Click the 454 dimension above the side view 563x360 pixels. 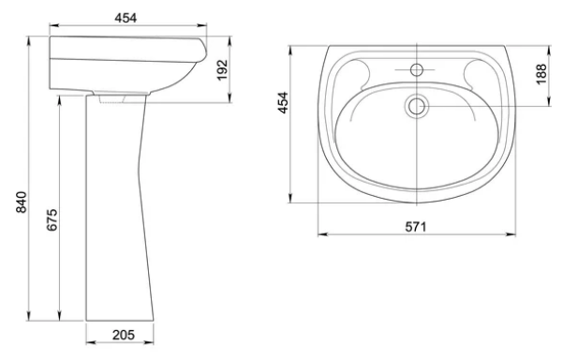point(126,18)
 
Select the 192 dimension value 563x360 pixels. point(223,70)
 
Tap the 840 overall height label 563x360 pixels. point(22,202)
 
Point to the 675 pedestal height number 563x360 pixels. point(52,219)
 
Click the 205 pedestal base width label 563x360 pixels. point(124,335)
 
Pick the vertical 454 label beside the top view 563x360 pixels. point(284,103)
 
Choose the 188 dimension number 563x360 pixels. point(541,74)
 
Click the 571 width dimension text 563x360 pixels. point(416,227)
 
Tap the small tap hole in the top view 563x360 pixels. point(417,69)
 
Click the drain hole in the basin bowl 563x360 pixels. point(417,106)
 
